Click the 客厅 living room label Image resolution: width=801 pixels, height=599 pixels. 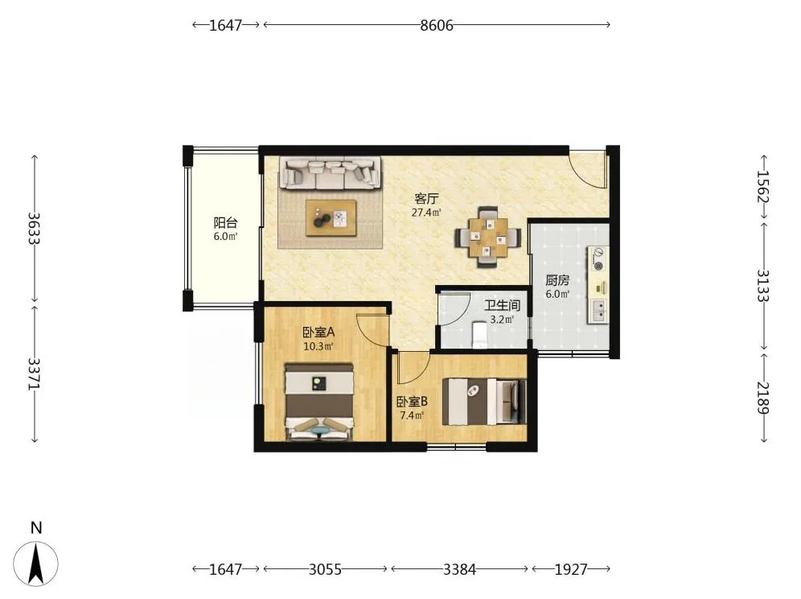[x=426, y=198]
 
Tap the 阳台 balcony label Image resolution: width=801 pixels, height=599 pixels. [x=225, y=222]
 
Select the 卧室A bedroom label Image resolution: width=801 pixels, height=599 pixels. [x=318, y=332]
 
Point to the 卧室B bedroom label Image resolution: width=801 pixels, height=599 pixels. [x=412, y=402]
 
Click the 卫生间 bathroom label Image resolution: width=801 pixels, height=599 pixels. [x=502, y=305]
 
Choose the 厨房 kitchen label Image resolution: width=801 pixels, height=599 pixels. [x=557, y=280]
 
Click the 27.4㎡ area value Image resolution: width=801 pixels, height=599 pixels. [x=426, y=213]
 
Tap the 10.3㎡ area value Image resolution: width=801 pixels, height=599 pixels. [x=318, y=346]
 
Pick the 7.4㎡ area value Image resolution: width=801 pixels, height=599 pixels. [x=412, y=415]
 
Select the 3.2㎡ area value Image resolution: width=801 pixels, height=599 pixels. [x=502, y=320]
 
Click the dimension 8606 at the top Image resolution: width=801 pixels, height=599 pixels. [x=437, y=25]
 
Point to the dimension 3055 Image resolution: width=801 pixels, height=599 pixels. [x=325, y=569]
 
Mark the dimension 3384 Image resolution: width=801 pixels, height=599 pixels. [x=459, y=569]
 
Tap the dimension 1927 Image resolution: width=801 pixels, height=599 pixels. [x=571, y=569]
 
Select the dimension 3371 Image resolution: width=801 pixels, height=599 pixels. [x=34, y=374]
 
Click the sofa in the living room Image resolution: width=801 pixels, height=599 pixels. [x=330, y=172]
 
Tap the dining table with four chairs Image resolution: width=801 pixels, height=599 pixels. [x=488, y=237]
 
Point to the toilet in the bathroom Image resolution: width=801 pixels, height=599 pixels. [x=479, y=335]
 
